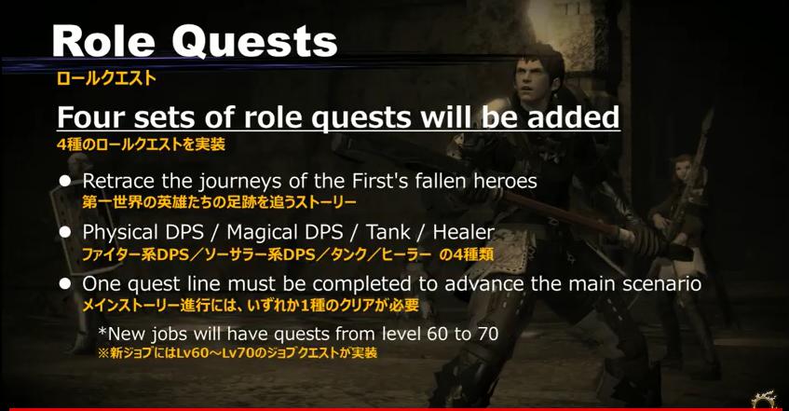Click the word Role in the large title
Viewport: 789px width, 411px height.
tap(102, 41)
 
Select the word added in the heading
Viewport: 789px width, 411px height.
tap(574, 116)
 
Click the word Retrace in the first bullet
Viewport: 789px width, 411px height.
tap(118, 181)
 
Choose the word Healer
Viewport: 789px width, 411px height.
tap(463, 232)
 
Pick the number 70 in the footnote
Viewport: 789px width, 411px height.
tap(487, 334)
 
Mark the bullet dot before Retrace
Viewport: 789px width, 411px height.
tap(65, 181)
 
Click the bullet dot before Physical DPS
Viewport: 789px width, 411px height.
tap(65, 232)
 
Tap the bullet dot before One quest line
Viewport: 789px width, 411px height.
tap(65, 283)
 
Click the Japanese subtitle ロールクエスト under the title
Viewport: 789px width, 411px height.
tap(105, 78)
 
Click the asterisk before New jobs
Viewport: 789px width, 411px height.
tap(102, 331)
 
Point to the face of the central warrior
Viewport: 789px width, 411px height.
tap(534, 79)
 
